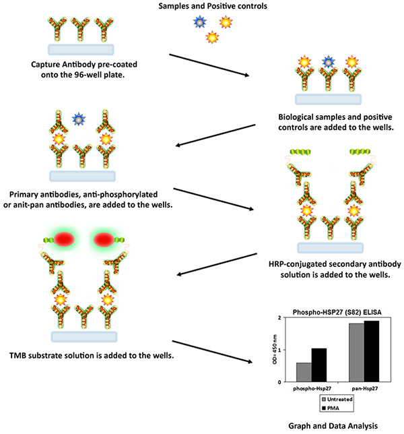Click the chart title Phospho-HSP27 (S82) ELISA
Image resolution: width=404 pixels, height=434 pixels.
(x=337, y=312)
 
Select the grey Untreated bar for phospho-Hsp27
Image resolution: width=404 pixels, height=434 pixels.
(x=304, y=372)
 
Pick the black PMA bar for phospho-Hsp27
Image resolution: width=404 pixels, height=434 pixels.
(x=319, y=365)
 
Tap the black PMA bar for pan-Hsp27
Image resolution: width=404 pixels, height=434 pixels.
(x=372, y=352)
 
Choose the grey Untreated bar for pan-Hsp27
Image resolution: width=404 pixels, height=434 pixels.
(x=356, y=352)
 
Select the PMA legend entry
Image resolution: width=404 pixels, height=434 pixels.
(x=331, y=408)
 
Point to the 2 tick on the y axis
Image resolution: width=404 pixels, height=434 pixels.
(x=279, y=318)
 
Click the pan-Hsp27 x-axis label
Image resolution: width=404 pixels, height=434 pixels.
(x=365, y=388)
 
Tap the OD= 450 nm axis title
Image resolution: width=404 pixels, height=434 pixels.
(x=275, y=349)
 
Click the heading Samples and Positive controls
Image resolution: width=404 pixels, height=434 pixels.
(x=213, y=6)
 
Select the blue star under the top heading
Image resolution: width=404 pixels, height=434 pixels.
(x=200, y=22)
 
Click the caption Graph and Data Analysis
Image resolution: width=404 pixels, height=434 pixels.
(x=333, y=426)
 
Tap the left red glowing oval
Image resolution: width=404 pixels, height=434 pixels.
(x=64, y=240)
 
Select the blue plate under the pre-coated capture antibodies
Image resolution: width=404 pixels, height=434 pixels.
(x=81, y=50)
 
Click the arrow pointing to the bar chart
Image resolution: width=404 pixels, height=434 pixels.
(x=212, y=352)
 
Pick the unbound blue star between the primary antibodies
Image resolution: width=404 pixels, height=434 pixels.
(x=79, y=119)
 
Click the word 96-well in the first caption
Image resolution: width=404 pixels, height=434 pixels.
(x=90, y=75)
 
